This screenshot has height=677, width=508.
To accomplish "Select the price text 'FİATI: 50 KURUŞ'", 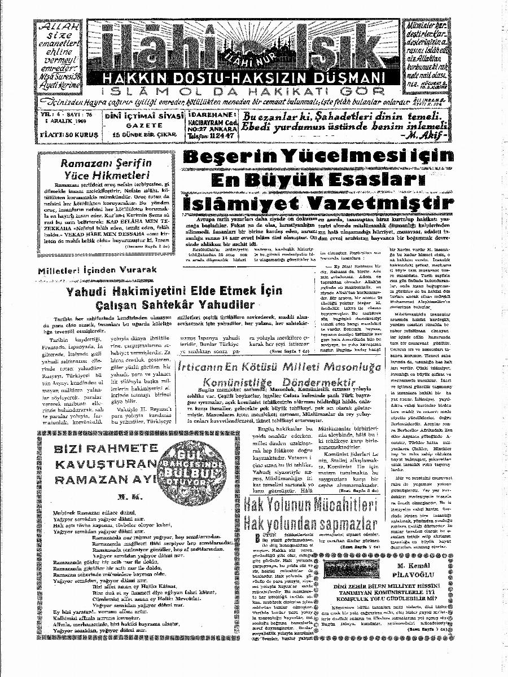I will pos(67,135).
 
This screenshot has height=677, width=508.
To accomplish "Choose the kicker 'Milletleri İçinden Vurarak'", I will pos(97,270).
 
